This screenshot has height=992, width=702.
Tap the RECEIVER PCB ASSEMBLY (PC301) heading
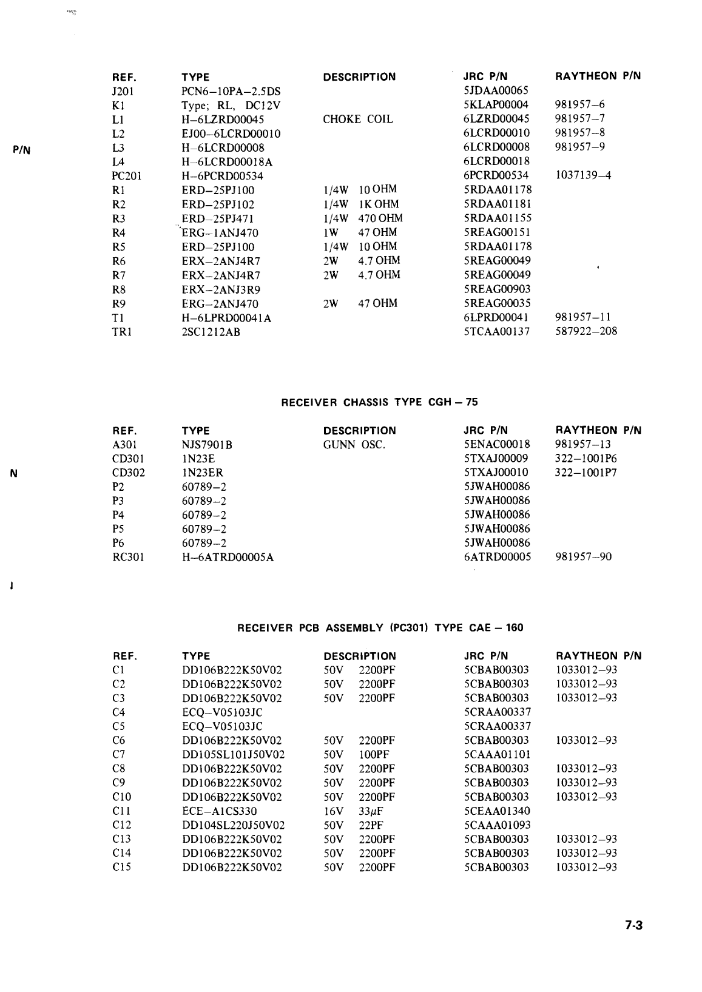[380, 628]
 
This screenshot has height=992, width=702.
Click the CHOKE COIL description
[358, 120]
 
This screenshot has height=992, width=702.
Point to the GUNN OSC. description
[354, 445]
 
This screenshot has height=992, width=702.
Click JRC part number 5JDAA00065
[496, 91]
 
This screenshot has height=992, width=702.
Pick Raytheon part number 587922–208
[586, 331]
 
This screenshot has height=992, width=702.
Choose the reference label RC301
[129, 557]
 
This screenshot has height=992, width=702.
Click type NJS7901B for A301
[207, 445]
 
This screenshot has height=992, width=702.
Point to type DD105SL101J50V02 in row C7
[233, 755]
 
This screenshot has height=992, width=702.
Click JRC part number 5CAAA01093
[496, 825]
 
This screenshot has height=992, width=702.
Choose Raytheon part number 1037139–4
[583, 176]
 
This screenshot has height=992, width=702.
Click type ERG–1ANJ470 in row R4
[220, 233]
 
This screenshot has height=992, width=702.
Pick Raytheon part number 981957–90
[583, 557]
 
